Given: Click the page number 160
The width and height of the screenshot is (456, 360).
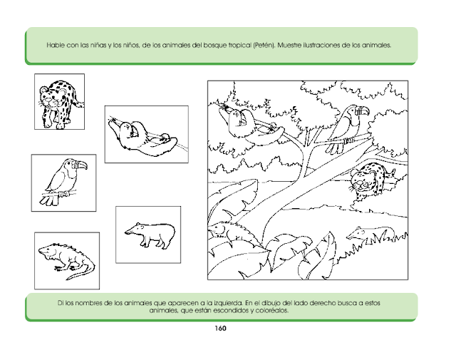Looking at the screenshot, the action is tap(220, 329).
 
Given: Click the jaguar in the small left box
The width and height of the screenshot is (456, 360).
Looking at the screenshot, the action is tap(61, 103).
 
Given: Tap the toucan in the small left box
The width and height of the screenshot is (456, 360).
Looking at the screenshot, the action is tap(64, 182).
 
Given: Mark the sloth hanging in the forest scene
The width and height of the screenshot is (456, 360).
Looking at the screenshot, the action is tap(250, 125).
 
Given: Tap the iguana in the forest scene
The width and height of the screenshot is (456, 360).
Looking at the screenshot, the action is tap(233, 232).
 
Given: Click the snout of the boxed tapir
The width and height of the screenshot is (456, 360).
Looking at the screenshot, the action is tap(128, 232).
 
